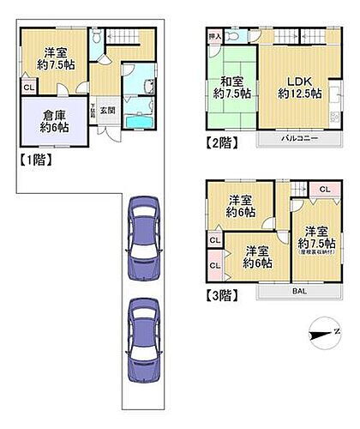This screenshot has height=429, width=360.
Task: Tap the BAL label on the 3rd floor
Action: coord(297,292)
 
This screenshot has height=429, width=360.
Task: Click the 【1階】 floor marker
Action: coord(33,160)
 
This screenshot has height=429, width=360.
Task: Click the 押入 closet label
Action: coord(214,38)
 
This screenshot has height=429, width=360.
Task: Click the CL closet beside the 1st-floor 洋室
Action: coord(29,88)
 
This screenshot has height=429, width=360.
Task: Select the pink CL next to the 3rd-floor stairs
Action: coord(324,190)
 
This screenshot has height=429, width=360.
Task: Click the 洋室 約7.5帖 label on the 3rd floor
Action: coord(315,239)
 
